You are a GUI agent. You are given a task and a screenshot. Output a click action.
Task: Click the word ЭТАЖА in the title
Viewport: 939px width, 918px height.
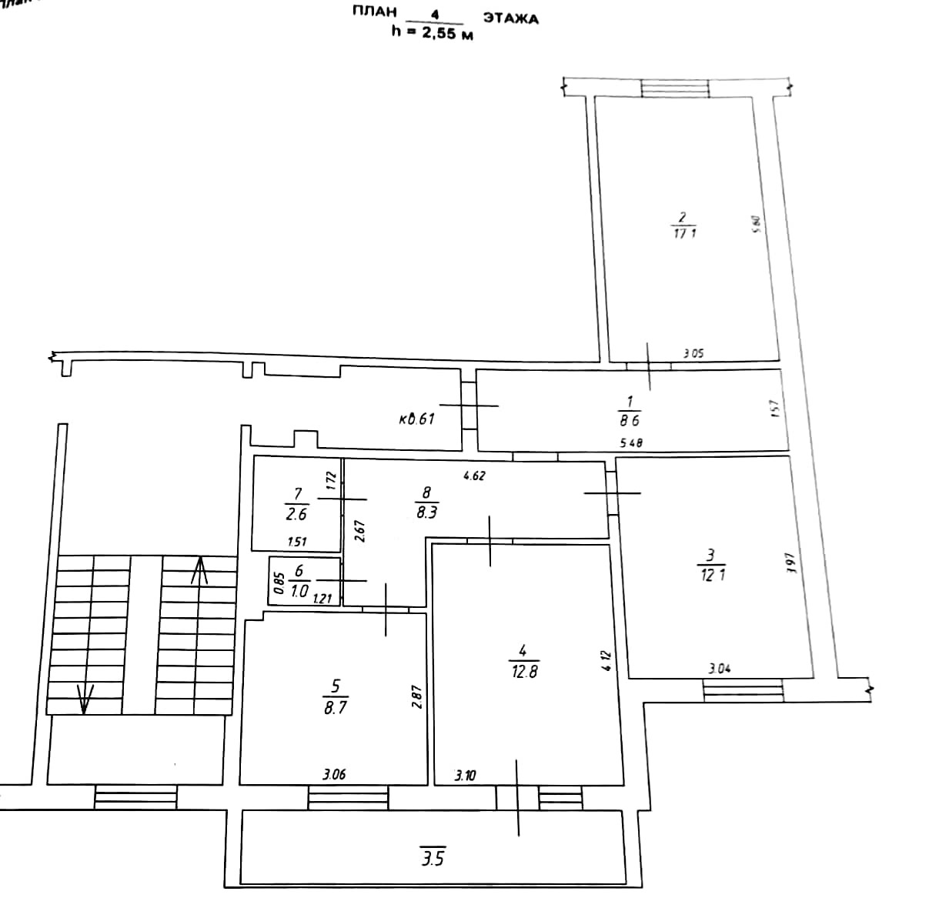point(510,18)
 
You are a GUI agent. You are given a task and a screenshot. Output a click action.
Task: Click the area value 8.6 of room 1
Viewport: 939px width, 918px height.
point(630,421)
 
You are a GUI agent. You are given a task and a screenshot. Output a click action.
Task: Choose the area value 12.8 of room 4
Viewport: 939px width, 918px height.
point(524,671)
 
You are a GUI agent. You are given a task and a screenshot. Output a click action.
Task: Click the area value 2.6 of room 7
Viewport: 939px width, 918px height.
point(296,515)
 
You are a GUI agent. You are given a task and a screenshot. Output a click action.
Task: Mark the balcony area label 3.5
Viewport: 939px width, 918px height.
point(433,857)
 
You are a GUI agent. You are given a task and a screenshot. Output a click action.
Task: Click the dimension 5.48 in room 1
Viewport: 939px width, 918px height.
point(631,442)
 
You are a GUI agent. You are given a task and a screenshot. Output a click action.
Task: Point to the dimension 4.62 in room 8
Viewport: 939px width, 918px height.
point(474,476)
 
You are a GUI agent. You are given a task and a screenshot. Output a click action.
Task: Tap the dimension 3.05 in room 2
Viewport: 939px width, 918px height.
point(693,355)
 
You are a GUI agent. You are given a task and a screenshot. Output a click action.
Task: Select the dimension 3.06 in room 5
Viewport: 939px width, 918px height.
point(333,775)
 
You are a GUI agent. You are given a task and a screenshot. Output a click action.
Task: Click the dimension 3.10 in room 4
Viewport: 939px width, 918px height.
point(465,776)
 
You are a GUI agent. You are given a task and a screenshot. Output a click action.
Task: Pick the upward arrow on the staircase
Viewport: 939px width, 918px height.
point(199,569)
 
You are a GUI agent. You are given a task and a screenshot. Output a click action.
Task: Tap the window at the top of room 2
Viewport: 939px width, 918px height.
point(677,88)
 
